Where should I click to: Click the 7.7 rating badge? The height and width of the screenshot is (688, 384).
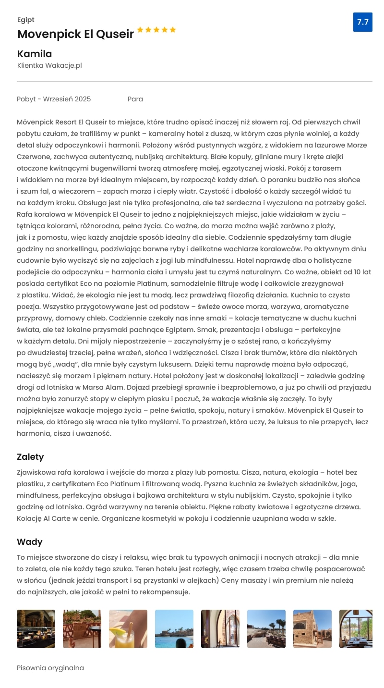362,22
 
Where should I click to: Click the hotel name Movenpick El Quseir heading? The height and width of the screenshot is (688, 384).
75,34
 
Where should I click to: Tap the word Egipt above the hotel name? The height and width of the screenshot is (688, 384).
26,20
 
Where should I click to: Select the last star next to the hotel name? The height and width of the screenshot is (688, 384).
173,30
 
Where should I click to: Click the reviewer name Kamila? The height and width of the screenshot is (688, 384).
35,54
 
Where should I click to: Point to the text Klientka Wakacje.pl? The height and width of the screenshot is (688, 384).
49,65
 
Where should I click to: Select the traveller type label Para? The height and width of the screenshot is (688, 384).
135,99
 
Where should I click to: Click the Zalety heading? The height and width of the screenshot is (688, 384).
30,456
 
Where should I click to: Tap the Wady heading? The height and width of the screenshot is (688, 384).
30,541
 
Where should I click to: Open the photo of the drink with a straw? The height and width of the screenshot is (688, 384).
128,629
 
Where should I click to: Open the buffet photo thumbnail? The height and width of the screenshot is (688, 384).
36,629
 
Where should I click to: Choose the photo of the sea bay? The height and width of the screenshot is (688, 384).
174,629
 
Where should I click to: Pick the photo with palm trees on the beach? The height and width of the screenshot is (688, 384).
266,629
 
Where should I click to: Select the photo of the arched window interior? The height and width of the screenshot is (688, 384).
220,629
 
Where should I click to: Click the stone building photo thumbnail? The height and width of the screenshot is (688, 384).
312,629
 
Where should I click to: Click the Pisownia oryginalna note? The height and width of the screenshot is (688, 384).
50,668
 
